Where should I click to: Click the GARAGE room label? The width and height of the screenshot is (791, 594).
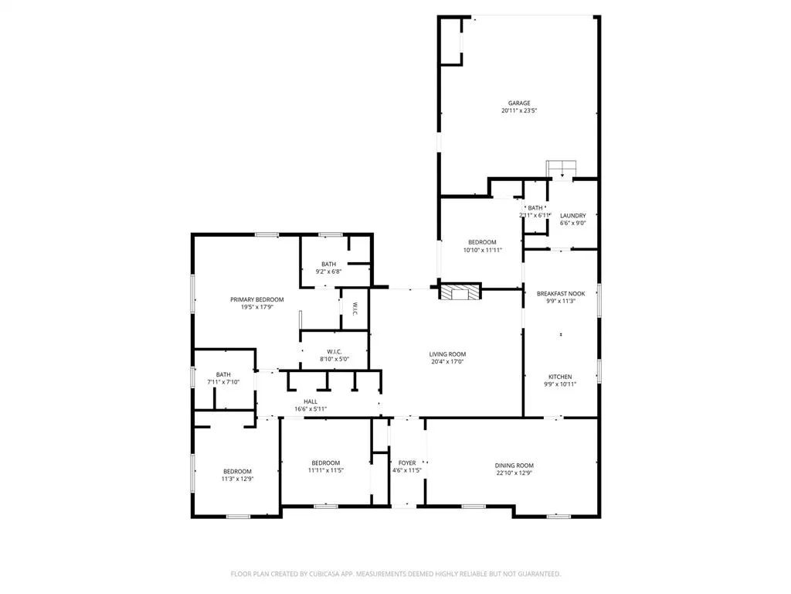tap(518, 103)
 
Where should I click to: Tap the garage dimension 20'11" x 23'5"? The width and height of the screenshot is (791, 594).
tap(518, 111)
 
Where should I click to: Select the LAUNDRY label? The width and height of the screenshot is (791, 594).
tap(572, 216)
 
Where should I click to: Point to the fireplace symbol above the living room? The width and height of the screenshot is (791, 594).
tap(460, 292)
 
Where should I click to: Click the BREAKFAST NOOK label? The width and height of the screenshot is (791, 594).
tap(561, 294)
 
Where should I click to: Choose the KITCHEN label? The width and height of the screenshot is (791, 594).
tap(561, 376)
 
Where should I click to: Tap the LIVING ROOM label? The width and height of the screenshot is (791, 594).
tap(447, 354)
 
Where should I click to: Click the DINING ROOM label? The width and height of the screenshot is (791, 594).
tap(514, 466)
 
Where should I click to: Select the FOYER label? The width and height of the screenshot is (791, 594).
tap(406, 463)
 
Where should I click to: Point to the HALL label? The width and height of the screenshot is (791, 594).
tap(310, 401)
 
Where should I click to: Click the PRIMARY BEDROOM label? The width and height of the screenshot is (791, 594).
tap(256, 299)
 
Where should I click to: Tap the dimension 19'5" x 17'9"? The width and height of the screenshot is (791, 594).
tap(256, 307)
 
